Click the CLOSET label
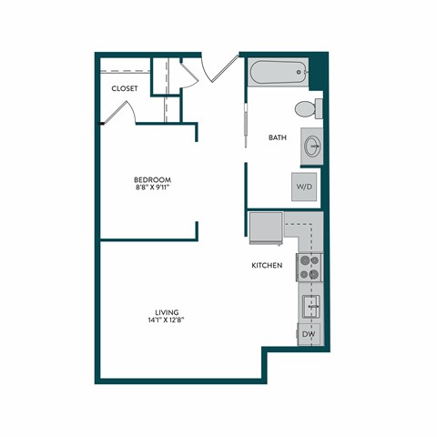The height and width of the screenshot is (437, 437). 125,88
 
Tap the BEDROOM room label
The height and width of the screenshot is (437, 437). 152,179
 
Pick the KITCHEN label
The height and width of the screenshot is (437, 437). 267,266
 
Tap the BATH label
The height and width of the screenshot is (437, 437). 278,138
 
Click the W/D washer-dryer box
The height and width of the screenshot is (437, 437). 304,187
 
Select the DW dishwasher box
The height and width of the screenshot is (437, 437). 310,336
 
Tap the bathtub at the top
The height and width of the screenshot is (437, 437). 276,72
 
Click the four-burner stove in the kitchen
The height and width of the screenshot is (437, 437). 310,268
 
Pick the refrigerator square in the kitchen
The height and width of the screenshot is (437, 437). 266,228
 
